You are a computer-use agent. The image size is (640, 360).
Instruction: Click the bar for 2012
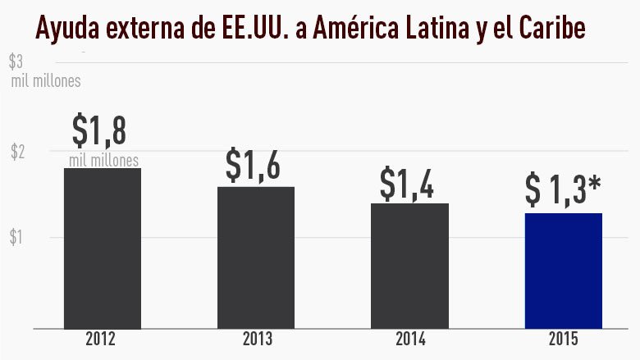pos(103,248)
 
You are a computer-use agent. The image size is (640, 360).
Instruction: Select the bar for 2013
pos(256,257)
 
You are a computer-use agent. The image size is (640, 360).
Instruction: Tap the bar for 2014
pos(410,265)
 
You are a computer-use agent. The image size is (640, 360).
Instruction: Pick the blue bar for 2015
pos(564,270)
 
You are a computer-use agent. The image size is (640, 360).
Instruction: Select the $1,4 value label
pos(408,182)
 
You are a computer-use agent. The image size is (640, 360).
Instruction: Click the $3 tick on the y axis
pos(16,62)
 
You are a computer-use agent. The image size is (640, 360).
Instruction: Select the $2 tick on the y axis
pos(16,152)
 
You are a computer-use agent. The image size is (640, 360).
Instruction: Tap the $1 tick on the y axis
pos(16,238)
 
